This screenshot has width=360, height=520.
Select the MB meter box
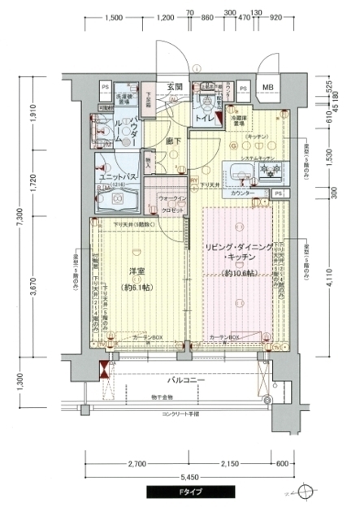268,87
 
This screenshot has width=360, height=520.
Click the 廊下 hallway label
173,141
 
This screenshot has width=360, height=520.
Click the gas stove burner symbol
267,171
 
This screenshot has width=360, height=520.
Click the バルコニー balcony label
186,380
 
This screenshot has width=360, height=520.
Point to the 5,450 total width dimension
190,477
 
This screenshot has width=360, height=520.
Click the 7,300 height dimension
17,217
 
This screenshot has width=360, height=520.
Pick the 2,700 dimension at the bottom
136,464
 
